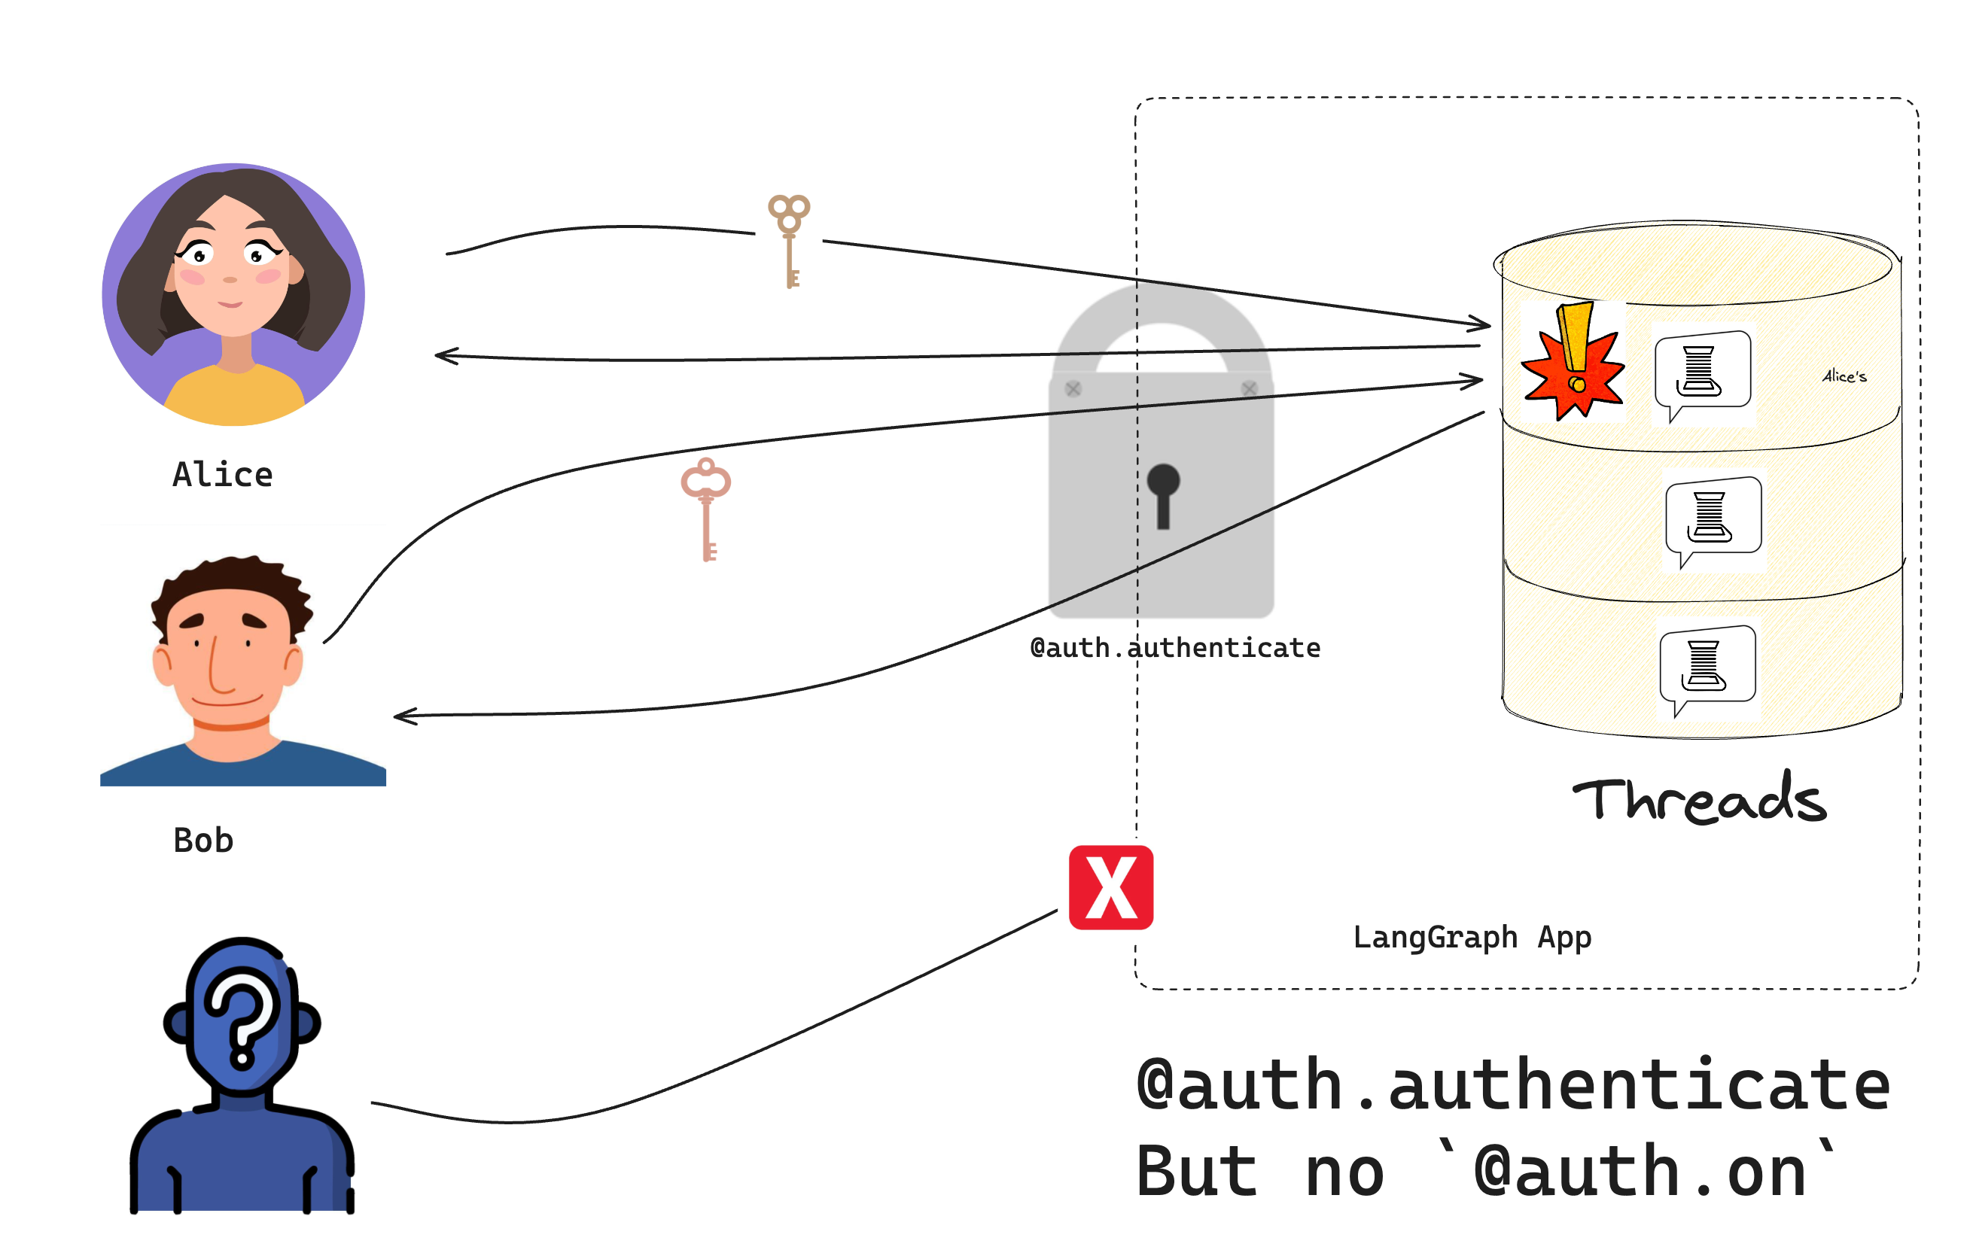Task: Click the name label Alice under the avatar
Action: click(222, 476)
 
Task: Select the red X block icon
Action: click(1110, 887)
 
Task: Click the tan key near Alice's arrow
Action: click(789, 240)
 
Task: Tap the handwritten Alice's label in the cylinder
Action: click(1844, 376)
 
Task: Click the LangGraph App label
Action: click(1472, 938)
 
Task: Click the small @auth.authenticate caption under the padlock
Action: click(1175, 649)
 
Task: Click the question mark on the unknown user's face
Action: click(242, 1018)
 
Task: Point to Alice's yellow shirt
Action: click(235, 397)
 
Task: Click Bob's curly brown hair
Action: click(233, 581)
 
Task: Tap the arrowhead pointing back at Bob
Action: click(406, 716)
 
